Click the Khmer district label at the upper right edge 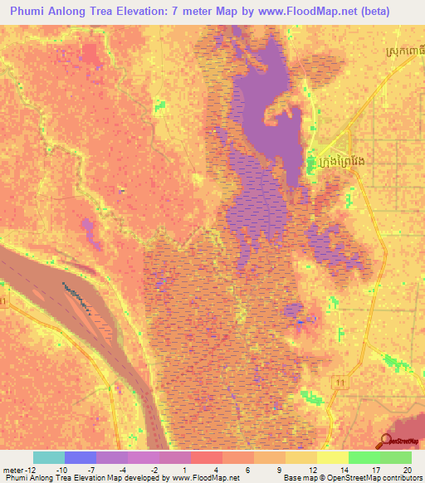408,54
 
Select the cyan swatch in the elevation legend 48,456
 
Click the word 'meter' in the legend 13,469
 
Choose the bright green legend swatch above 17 364,456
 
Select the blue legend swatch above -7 80,456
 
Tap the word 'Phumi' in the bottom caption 16,478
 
